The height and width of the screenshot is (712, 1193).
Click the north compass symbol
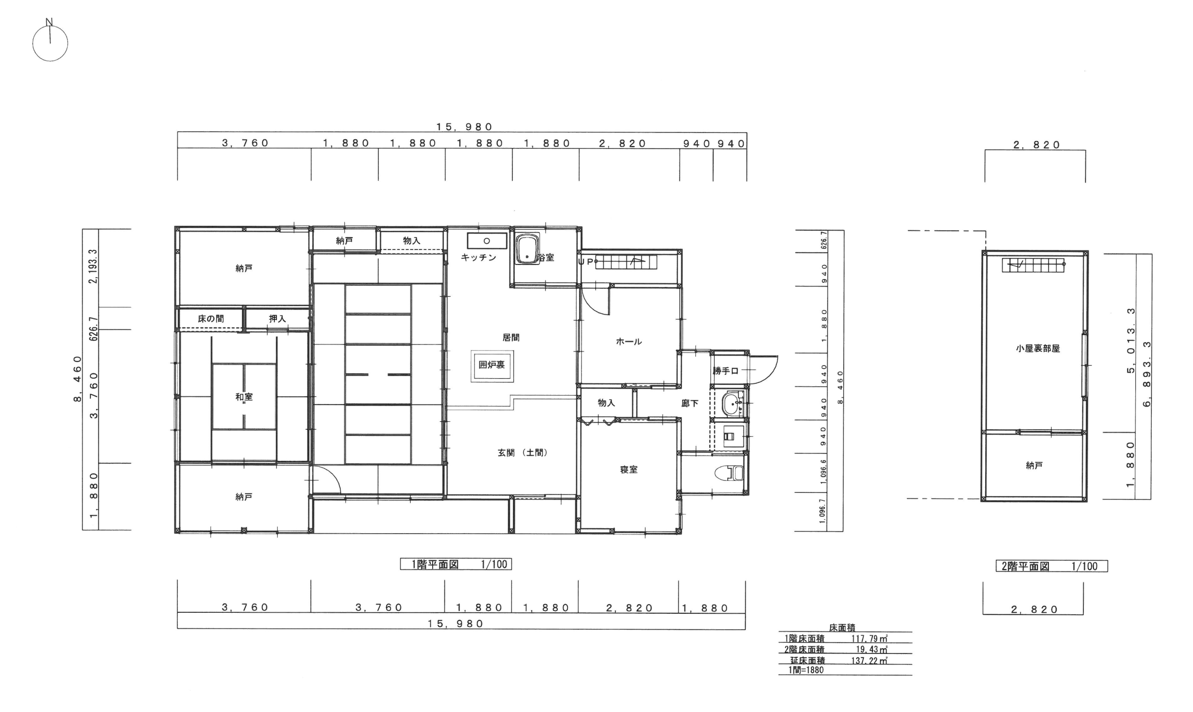[x=50, y=42]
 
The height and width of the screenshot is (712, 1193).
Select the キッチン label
[x=479, y=257]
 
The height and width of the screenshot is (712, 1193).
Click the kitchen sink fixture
[x=486, y=241]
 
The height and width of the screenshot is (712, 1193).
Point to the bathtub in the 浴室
[x=527, y=250]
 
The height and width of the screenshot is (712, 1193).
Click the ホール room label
[x=629, y=342]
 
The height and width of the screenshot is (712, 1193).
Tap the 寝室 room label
[x=629, y=470]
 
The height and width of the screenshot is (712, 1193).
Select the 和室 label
[x=244, y=397]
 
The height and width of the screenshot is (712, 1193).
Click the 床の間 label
[x=211, y=319]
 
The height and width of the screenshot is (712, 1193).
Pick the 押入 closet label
[x=277, y=319]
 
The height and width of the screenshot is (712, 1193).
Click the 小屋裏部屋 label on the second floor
[x=1038, y=349]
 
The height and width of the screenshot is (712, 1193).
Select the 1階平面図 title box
[x=456, y=564]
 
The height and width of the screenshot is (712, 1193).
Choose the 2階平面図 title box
[x=1052, y=566]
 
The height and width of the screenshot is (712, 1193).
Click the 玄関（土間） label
[x=523, y=453]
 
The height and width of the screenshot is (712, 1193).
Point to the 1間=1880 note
[x=806, y=670]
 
